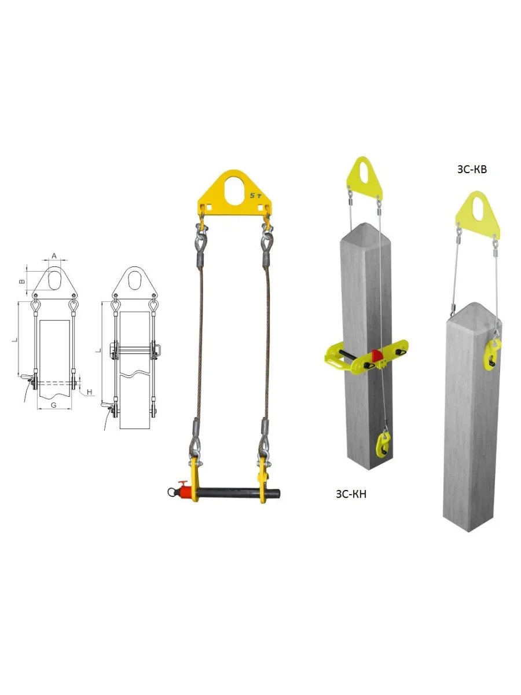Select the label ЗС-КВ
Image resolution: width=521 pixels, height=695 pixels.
click(472, 170)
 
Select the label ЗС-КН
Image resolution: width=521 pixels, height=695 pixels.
click(351, 494)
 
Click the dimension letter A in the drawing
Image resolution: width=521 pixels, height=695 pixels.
click(54, 255)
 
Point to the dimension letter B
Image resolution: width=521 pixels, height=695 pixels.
click(22, 281)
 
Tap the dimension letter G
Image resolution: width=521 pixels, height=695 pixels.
click(54, 405)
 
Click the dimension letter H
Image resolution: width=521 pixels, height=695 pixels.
click(90, 392)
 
